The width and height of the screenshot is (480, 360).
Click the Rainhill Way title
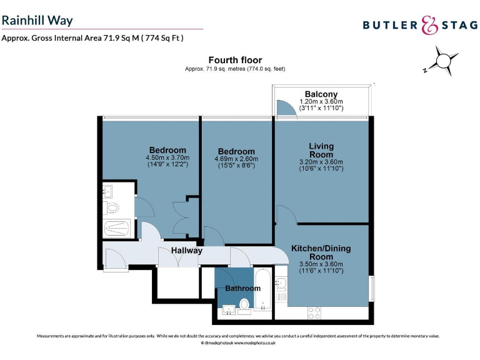37,20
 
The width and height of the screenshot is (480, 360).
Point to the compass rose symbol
443,61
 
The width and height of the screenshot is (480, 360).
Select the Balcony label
321,94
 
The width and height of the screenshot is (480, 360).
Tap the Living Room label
321,150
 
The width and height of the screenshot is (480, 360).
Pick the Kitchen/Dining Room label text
321,252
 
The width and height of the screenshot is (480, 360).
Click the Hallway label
187,251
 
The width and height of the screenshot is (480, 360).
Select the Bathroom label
242,288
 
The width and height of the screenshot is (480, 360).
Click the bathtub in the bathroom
263,289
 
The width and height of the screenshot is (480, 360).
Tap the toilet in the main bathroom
244,305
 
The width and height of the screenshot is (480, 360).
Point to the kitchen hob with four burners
314,311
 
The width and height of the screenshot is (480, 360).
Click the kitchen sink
281,284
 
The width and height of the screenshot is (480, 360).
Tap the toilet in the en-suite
113,207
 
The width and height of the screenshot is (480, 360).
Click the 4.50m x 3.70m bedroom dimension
166,158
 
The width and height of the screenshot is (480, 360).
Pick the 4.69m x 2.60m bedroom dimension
236,159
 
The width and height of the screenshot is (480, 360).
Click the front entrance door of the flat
116,259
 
